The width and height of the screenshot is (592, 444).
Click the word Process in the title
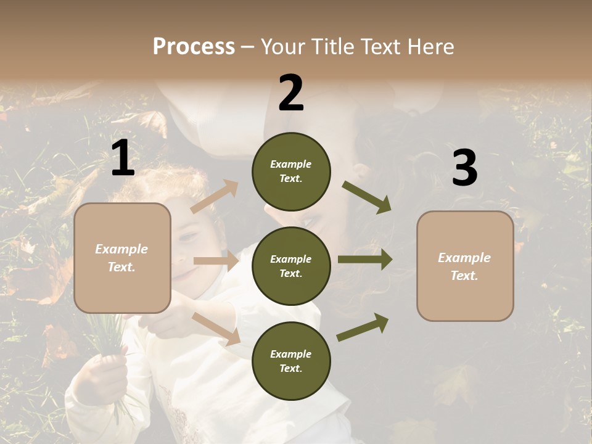194,46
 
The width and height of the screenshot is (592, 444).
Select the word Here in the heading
428,46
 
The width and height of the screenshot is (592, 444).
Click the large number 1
123,158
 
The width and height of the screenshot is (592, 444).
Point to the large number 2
291,93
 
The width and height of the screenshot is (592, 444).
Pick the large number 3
464,168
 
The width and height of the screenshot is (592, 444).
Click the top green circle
291,171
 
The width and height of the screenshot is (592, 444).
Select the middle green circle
291,266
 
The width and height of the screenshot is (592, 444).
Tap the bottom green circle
291,361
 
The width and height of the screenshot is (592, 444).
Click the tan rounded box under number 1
122,258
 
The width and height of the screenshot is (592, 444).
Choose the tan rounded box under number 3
465,266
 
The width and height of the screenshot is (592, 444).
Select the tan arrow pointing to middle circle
216,261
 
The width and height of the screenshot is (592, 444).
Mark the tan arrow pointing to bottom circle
216,329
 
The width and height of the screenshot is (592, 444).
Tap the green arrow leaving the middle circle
365,260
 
